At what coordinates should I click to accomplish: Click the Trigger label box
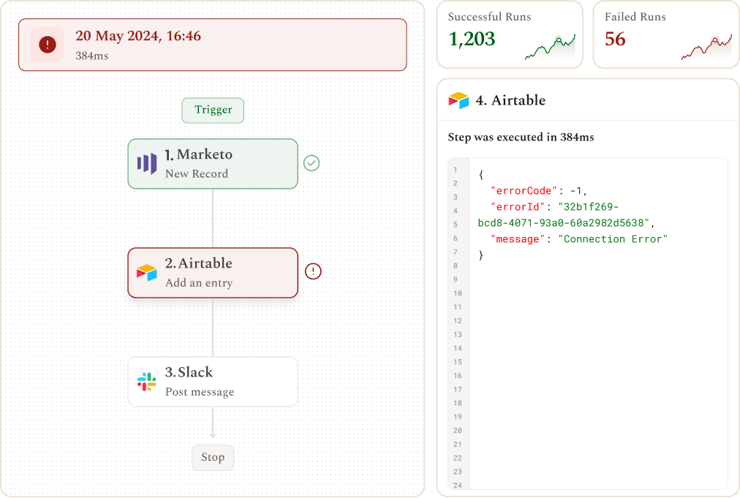pyautogui.click(x=213, y=110)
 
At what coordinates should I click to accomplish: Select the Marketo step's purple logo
pyautogui.click(x=147, y=163)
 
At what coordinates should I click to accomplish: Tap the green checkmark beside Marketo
pyautogui.click(x=312, y=163)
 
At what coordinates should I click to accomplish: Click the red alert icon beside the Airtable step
pyautogui.click(x=313, y=271)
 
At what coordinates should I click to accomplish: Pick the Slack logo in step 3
pyautogui.click(x=147, y=382)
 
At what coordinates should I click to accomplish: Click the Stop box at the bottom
pyautogui.click(x=213, y=457)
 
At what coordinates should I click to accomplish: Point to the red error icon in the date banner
pyautogui.click(x=48, y=45)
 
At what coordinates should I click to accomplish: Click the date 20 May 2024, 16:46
pyautogui.click(x=138, y=36)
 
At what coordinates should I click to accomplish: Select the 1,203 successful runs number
pyautogui.click(x=472, y=39)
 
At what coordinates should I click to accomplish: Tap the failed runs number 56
pyautogui.click(x=616, y=39)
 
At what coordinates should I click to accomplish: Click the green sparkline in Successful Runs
pyautogui.click(x=551, y=47)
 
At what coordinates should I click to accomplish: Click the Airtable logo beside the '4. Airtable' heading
pyautogui.click(x=458, y=100)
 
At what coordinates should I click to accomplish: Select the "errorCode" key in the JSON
pyautogui.click(x=524, y=191)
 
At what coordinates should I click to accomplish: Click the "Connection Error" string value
pyautogui.click(x=613, y=239)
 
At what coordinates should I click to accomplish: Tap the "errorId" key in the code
pyautogui.click(x=518, y=207)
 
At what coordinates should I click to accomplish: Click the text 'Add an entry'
pyautogui.click(x=199, y=283)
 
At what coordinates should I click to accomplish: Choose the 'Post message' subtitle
pyautogui.click(x=200, y=392)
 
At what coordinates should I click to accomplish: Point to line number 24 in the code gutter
pyautogui.click(x=457, y=486)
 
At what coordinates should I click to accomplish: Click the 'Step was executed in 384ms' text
pyautogui.click(x=521, y=137)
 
